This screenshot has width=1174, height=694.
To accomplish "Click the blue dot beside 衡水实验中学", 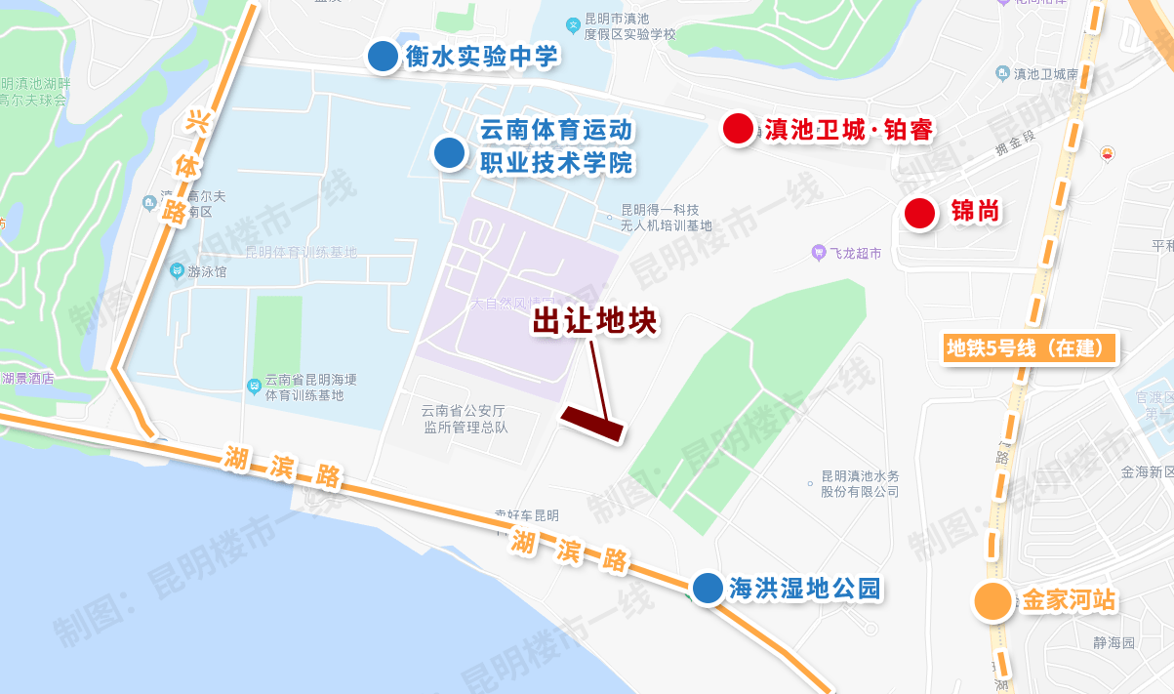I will [x=382, y=57].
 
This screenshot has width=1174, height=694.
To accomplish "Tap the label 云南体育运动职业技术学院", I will [x=556, y=146].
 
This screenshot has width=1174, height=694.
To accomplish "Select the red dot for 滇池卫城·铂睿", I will [x=738, y=129].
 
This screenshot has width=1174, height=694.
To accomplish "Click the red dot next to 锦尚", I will [x=919, y=213].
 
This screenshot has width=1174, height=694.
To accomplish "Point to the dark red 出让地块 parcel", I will [x=592, y=425].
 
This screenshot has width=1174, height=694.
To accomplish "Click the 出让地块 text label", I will [x=595, y=322].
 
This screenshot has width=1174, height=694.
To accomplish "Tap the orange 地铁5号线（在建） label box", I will [x=1031, y=348].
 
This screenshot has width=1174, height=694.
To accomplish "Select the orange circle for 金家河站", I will [x=992, y=601].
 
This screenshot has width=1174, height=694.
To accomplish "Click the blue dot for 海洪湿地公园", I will [x=707, y=588].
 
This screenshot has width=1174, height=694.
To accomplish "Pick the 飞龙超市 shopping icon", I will [x=819, y=254].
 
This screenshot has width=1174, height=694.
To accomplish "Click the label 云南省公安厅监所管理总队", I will [x=465, y=419].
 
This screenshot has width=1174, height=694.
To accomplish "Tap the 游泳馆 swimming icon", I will [x=177, y=271].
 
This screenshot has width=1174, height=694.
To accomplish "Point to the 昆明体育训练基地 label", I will [x=301, y=253].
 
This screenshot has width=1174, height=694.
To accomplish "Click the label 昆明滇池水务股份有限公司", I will [x=859, y=484].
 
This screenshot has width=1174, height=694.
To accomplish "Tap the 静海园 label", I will [x=1114, y=643].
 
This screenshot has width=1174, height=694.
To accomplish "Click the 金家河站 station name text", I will [x=1068, y=600].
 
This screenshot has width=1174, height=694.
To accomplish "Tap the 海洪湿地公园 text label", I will [x=804, y=589].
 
